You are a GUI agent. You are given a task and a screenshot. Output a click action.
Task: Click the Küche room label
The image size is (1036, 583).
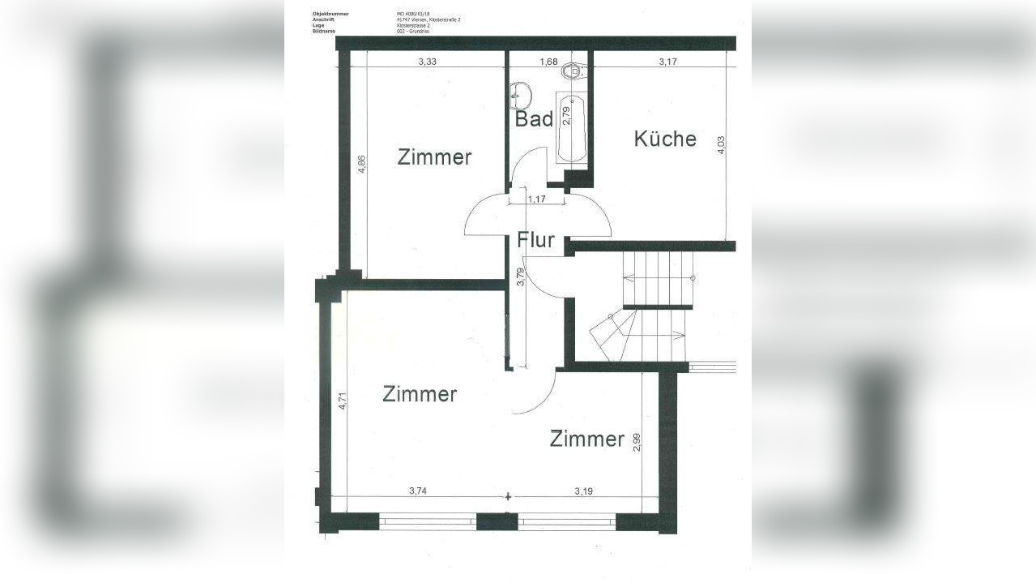coord(664,139)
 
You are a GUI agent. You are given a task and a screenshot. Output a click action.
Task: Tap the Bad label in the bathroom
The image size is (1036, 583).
coord(535,119)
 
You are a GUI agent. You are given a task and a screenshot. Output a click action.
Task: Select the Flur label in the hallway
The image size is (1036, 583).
coord(535,240)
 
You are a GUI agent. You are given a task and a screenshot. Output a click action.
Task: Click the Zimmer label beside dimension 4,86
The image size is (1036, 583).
coord(434,157)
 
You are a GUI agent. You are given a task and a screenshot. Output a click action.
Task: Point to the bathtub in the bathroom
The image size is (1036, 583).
coord(572,127)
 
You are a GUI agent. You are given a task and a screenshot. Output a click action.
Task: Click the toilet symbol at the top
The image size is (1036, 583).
coord(573,71)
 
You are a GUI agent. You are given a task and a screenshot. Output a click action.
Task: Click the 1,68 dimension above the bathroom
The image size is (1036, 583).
coord(549,62)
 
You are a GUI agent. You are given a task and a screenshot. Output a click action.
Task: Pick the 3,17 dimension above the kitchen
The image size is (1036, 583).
coord(668,62)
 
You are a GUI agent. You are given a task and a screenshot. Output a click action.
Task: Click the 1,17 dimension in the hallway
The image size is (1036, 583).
coord(535,199)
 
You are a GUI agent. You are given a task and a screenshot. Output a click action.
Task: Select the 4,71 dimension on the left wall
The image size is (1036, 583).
coord(342,401)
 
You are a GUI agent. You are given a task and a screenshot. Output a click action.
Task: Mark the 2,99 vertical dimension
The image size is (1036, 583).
coord(636,443)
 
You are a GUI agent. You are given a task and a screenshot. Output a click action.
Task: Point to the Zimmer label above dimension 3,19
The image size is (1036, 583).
coord(586,439)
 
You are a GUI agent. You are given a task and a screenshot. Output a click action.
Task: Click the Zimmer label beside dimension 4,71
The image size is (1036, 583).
coord(420,395)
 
